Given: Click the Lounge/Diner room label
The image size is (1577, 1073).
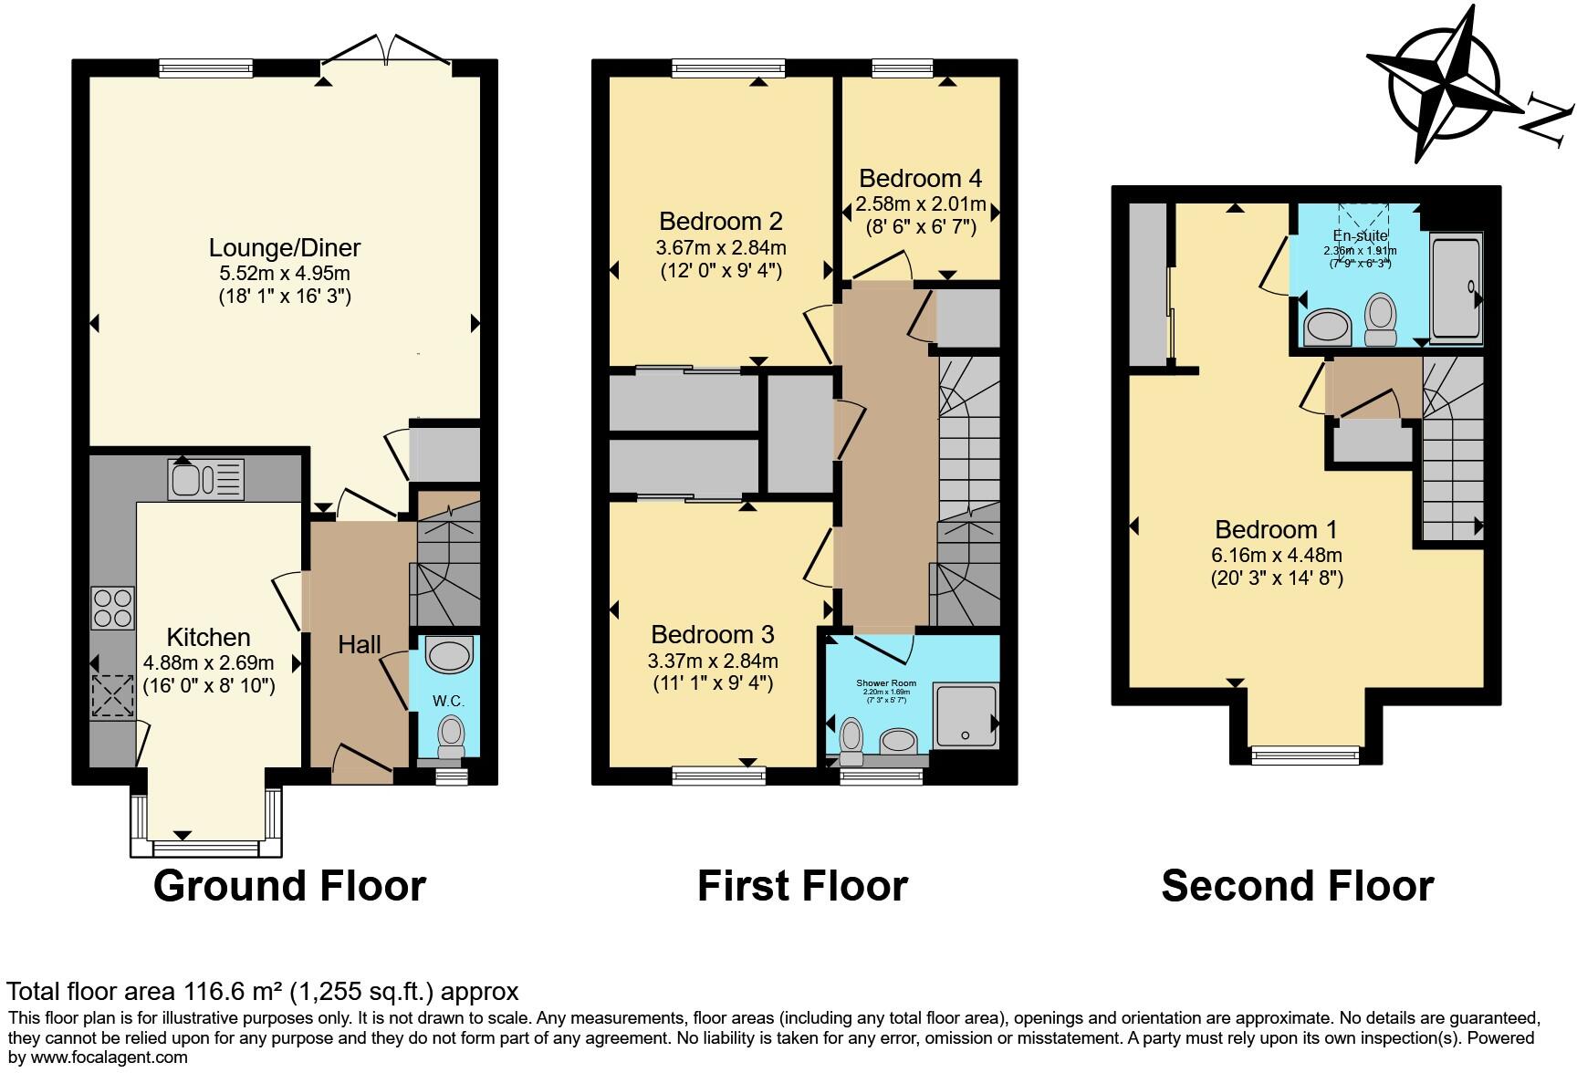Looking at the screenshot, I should pyautogui.click(x=285, y=247).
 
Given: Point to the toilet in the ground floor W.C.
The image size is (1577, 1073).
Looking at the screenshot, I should pyautogui.click(x=451, y=734).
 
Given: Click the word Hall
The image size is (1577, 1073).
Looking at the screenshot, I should pyautogui.click(x=360, y=645).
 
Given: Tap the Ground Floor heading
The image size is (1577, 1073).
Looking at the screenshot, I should pyautogui.click(x=289, y=886).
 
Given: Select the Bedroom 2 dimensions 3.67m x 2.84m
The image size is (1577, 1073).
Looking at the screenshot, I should pyautogui.click(x=721, y=247).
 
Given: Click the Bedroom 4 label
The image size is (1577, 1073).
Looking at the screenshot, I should pyautogui.click(x=921, y=178).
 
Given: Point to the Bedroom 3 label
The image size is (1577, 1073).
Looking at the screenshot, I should pyautogui.click(x=713, y=634).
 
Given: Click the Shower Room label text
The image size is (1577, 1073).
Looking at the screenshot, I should pyautogui.click(x=885, y=682).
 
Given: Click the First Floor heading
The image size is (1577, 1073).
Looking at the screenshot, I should pyautogui.click(x=802, y=886).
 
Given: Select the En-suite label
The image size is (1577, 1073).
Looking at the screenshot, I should pyautogui.click(x=1360, y=236).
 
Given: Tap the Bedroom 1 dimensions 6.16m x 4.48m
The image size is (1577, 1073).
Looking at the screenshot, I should pyautogui.click(x=1277, y=555).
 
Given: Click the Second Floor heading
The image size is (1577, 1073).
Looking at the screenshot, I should pyautogui.click(x=1297, y=886).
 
